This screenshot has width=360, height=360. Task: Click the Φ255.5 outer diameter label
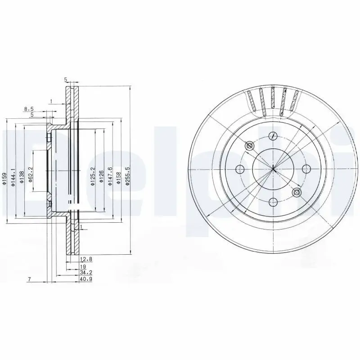pos(128,178)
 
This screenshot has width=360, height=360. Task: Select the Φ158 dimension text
pos(118,179)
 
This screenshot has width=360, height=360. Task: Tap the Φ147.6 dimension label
pos(110,178)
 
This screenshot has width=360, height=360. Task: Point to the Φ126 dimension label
pos(102,176)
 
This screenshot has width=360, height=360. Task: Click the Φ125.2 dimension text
pos(93,177)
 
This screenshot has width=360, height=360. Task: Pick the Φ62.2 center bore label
pos(31,176)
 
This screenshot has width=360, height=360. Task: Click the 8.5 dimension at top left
pos(29,109)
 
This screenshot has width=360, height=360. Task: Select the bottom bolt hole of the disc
pos(273,202)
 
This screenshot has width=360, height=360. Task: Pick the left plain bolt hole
pos(240,169)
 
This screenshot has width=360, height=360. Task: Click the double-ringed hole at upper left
pos(250,145)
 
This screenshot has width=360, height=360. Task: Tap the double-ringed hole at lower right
pos(296,193)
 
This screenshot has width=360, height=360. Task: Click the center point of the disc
pos(273,169)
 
